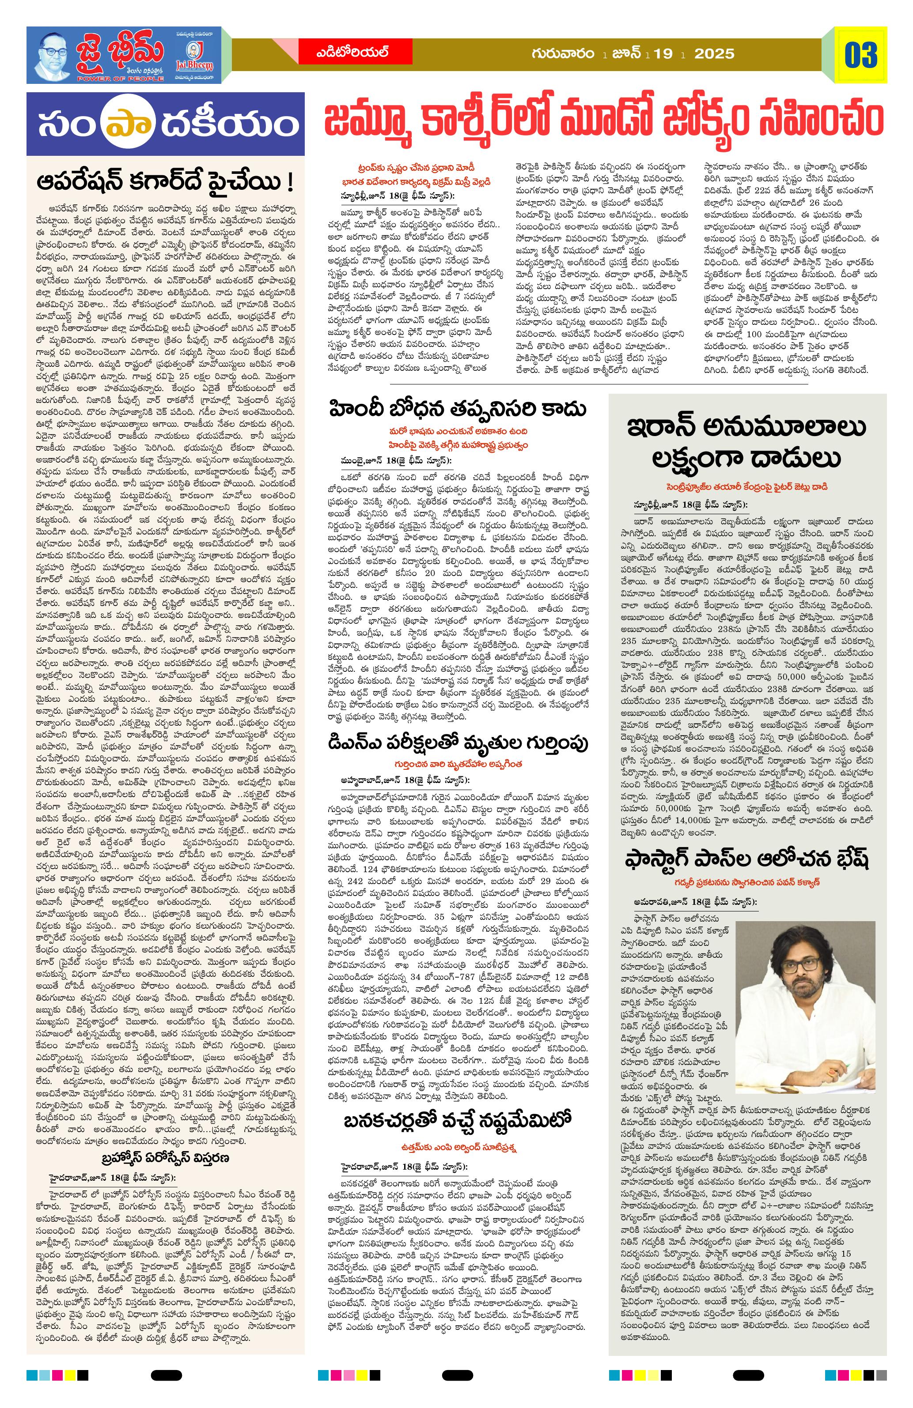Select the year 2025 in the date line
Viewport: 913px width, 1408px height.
(714, 54)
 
